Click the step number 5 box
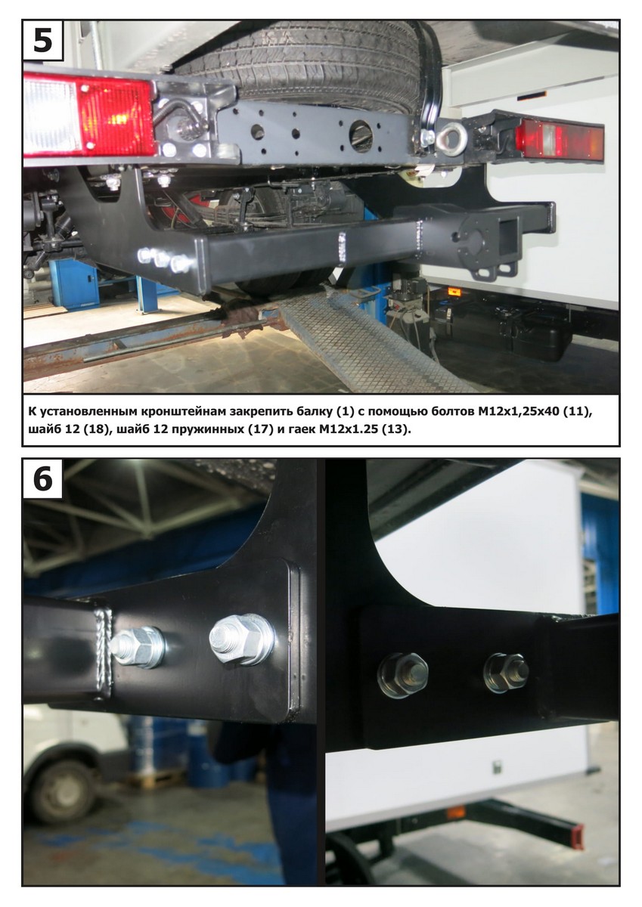point(43,41)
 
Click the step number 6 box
point(43,479)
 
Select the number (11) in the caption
point(575,412)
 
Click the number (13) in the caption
point(395,429)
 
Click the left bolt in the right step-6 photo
point(402,673)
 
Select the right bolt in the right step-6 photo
point(507,671)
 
